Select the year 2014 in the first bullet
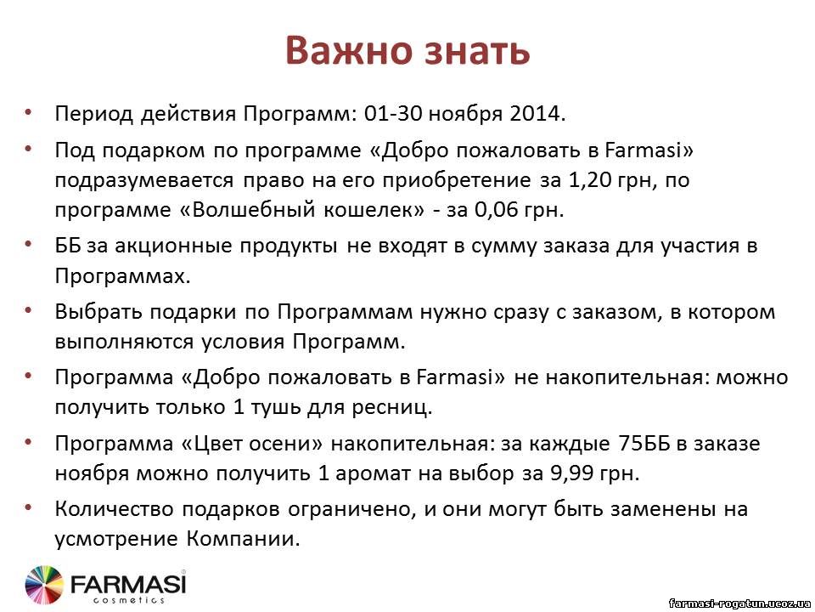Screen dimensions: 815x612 (537, 113)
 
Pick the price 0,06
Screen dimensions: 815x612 (497, 210)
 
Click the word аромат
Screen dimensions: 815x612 (372, 474)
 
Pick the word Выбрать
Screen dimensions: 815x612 (98, 312)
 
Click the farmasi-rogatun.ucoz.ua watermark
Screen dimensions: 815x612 (739, 603)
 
